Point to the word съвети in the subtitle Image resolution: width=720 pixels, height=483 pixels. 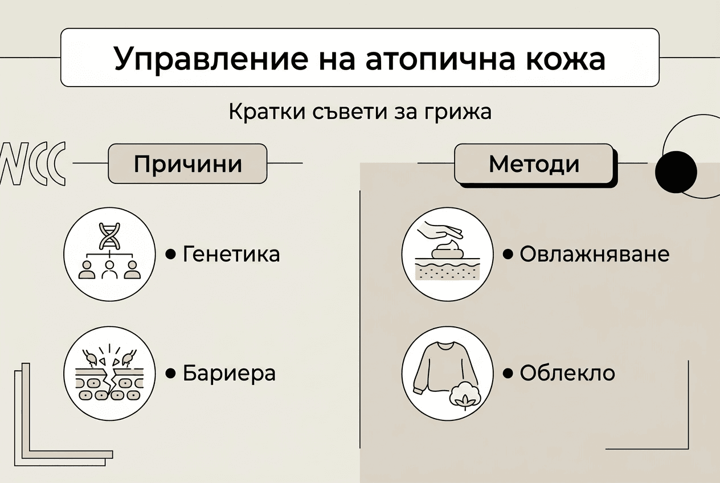click(353, 112)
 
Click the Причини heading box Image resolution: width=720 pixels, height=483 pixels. click(187, 163)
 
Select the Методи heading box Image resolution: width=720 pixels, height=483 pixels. click(534, 163)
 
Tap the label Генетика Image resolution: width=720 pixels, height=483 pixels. click(231, 254)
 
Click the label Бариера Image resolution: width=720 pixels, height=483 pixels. click(229, 374)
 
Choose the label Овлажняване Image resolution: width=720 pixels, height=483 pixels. click(594, 254)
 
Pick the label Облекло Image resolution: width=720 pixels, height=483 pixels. click(567, 374)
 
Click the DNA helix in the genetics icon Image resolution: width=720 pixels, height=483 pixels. click(109, 235)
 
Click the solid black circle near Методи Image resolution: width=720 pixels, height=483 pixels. click(676, 171)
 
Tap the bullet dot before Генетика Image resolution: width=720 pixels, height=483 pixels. click(170, 254)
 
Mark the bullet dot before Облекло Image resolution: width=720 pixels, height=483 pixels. click(508, 374)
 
